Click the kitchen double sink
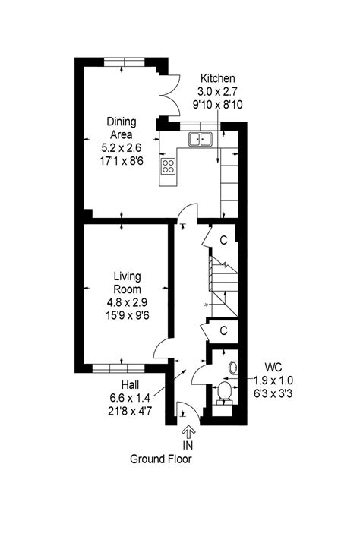[201, 139]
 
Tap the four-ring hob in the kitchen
[169, 166]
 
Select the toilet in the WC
[225, 393]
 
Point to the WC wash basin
[234, 368]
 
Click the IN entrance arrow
[188, 432]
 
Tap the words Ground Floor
[161, 459]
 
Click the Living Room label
[128, 283]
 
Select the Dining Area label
[122, 128]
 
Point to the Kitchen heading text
[218, 78]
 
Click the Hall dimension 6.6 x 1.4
[131, 398]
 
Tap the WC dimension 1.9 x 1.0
[273, 380]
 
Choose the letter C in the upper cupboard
[224, 240]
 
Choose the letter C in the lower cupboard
[224, 331]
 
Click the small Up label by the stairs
[206, 305]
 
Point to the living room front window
[118, 368]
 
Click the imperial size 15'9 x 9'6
[128, 315]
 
